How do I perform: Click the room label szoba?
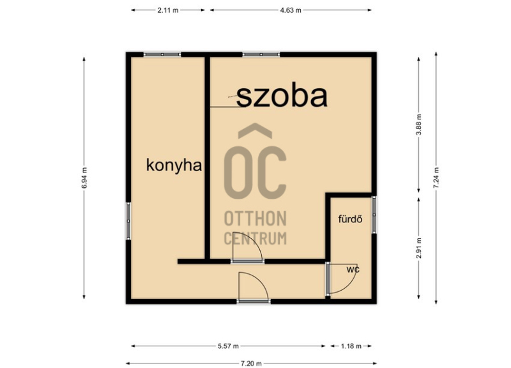coord(282,97)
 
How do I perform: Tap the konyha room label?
coord(174,165)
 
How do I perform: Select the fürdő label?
coord(350,218)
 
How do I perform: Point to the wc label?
coord(353,270)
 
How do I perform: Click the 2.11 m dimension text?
coord(168,10)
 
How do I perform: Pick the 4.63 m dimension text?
coord(291,10)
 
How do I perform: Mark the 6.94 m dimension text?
coord(84,178)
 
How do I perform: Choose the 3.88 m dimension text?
coord(419,125)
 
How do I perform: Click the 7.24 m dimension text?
coord(436,178)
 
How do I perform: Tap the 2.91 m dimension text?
coord(419,249)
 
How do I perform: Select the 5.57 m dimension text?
coord(228,346)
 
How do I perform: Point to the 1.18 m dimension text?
coord(351,346)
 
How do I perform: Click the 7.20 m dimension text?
coord(251,364)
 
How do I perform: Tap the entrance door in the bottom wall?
coord(254,301)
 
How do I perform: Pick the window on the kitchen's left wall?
coord(128,221)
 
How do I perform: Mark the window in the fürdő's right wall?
coord(374,215)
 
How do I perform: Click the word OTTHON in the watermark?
coord(255,218)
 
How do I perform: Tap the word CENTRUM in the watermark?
coord(255,238)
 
